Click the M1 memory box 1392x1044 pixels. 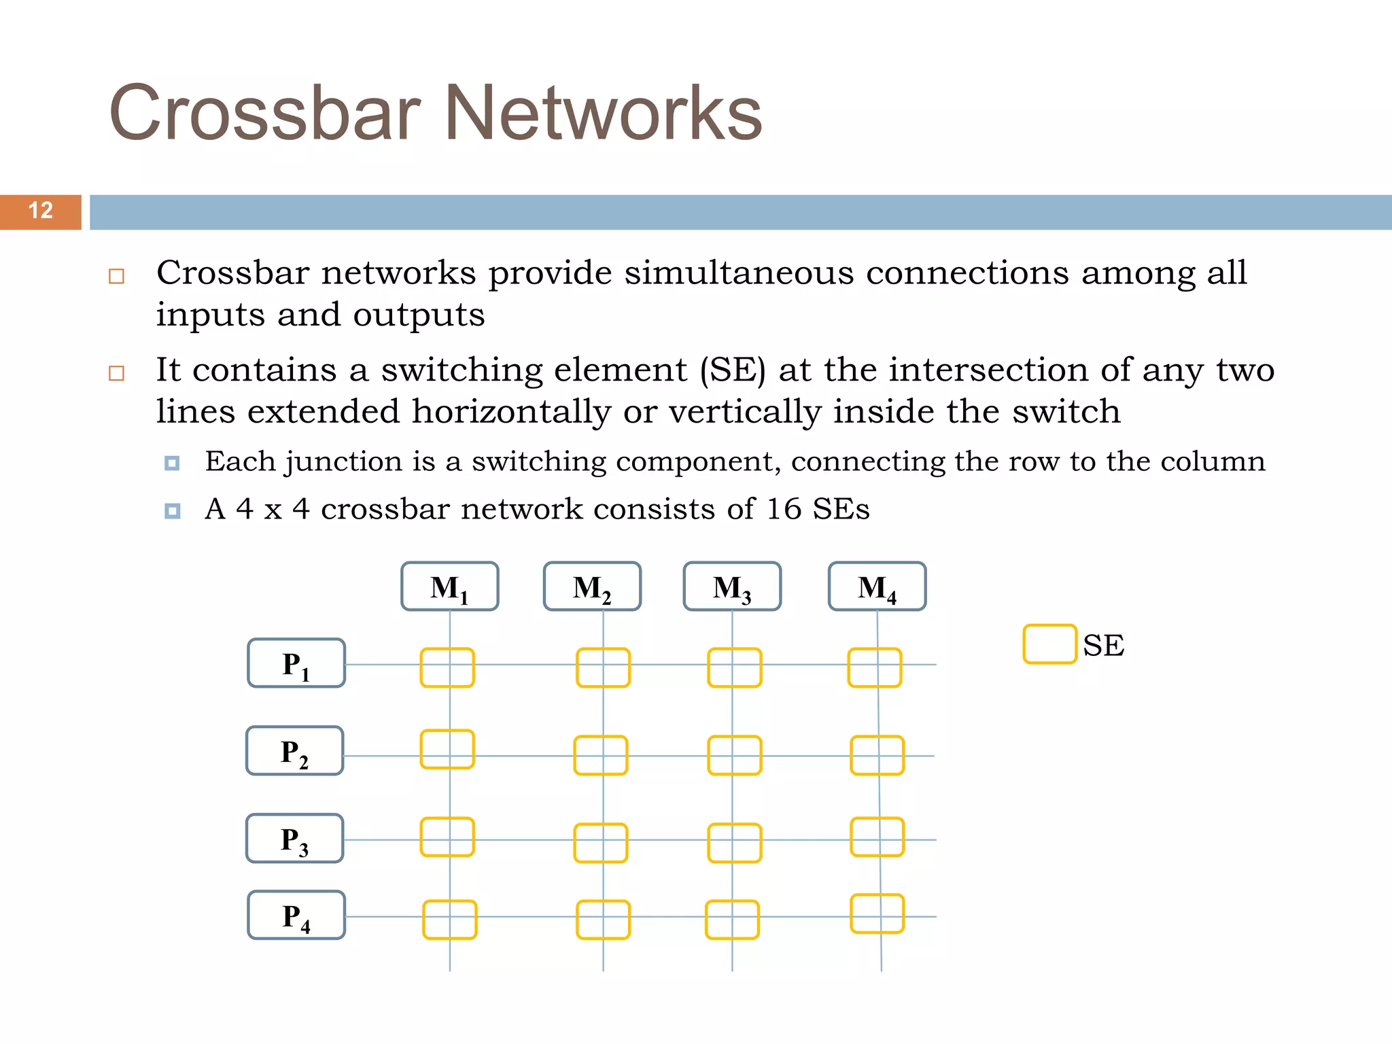tap(449, 587)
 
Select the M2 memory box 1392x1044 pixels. tap(592, 587)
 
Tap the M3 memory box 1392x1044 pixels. tap(732, 587)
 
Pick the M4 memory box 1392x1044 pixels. tap(877, 587)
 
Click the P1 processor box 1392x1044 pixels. tap(296, 663)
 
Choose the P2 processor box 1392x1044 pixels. tap(295, 751)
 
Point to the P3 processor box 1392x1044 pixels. tap(295, 839)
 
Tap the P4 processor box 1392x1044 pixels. tap(296, 916)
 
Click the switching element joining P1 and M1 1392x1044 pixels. tap(447, 667)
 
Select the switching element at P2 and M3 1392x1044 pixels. tap(734, 755)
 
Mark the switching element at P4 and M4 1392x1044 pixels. tap(877, 913)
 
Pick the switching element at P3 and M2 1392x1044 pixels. tap(601, 843)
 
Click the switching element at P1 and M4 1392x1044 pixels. tap(875, 667)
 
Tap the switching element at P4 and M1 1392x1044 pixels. tap(450, 920)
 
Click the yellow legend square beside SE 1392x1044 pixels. tap(1049, 644)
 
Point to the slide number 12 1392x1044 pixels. tap(41, 211)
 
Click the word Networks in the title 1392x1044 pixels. tap(603, 114)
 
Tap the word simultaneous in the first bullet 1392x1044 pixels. tap(739, 273)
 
